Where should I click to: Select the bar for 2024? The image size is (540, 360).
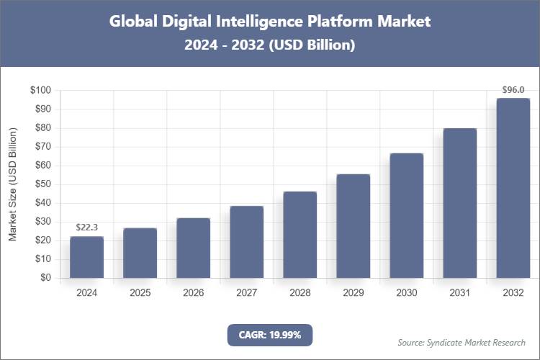click(x=86, y=257)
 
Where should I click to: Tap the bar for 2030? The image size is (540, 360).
click(x=406, y=215)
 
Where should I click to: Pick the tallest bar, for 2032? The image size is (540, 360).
click(x=513, y=188)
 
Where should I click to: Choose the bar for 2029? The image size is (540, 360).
click(x=353, y=226)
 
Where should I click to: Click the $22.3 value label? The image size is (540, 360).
click(x=86, y=228)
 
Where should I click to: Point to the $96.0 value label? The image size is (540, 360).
click(x=513, y=90)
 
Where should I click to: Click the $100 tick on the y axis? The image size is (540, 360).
click(x=40, y=91)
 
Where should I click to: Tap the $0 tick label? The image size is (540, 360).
click(x=45, y=278)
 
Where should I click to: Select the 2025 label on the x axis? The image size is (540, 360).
click(x=140, y=293)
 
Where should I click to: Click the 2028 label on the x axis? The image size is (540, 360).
click(x=300, y=293)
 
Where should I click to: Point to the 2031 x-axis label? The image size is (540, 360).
click(x=459, y=293)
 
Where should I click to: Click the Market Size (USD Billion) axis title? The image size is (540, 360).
click(x=12, y=184)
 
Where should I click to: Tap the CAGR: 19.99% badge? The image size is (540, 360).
click(x=269, y=335)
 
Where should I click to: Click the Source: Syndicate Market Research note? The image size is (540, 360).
click(x=461, y=342)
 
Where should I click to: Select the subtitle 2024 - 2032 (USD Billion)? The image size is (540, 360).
click(x=269, y=45)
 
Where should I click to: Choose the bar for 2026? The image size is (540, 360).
click(x=193, y=248)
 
